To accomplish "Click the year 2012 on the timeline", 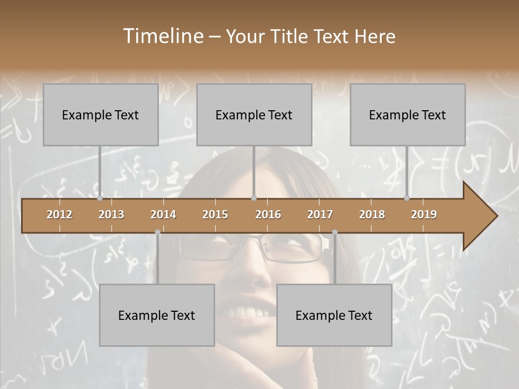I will tap(59, 214).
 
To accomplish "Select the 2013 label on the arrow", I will tap(111, 214).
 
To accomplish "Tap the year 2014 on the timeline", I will tap(163, 214).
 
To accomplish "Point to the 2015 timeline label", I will tap(215, 214).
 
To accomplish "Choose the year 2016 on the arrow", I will tap(268, 214).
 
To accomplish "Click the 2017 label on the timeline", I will tap(320, 214).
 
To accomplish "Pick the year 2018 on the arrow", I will tap(372, 214).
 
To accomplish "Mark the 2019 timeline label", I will tap(424, 214).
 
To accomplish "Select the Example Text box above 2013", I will tap(101, 115).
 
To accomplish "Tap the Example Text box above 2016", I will tap(254, 115).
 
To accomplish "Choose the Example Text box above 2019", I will tap(408, 115).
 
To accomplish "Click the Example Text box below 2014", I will tap(157, 315).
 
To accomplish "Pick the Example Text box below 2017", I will tap(334, 315).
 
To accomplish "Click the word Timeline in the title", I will tap(162, 36).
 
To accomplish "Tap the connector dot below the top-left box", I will tap(99, 198).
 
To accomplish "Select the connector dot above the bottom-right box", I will tap(335, 232).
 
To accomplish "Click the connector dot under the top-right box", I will tap(407, 198).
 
